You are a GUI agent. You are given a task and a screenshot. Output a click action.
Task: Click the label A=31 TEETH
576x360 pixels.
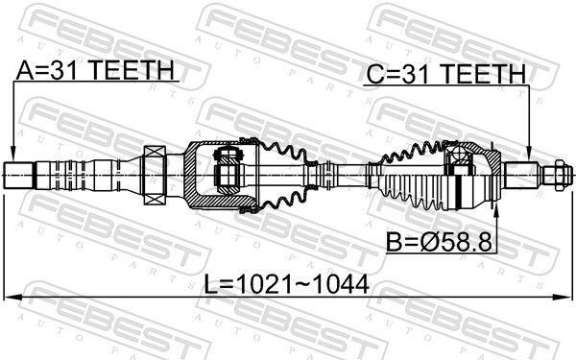95,70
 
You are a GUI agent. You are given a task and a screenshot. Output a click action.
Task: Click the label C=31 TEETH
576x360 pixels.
446,74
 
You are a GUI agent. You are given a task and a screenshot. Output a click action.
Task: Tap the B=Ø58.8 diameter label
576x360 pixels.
439,242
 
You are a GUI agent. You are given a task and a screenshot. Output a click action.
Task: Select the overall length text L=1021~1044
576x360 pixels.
286,285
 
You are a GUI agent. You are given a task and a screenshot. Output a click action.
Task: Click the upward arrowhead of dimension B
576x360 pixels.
496,209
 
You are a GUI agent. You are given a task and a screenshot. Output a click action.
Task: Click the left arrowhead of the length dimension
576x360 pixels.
12,297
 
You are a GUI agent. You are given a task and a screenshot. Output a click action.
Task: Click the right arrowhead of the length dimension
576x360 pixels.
564,297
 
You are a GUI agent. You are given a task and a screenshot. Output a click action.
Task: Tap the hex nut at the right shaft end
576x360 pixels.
559,175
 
